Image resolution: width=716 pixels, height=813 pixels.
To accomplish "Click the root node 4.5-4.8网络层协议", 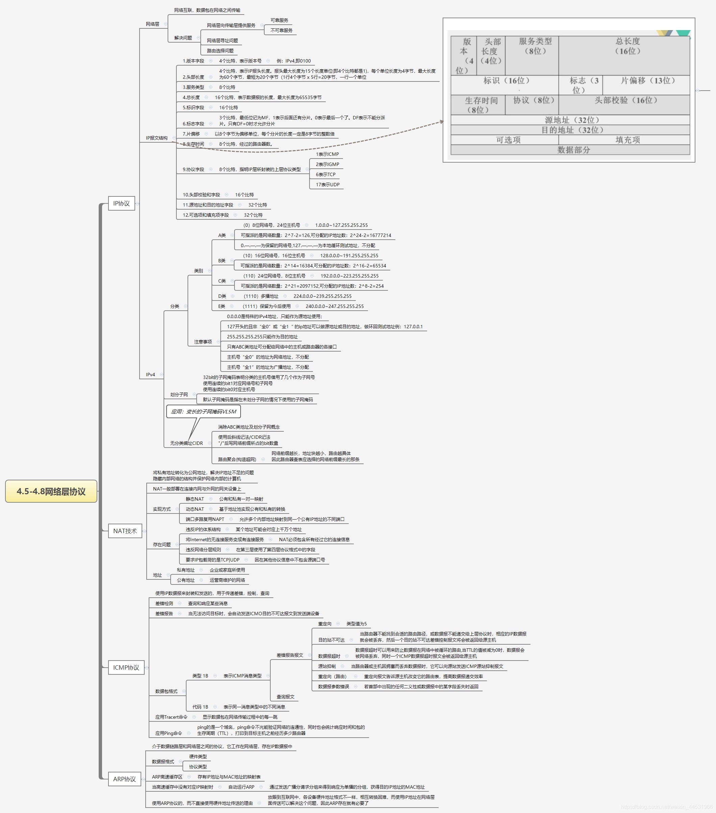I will click(x=51, y=491).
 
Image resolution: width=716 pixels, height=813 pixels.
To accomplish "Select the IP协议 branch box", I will click(x=121, y=203).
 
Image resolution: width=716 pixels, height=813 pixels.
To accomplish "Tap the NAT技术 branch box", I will click(x=124, y=531).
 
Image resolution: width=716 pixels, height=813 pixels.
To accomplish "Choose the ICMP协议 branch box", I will click(x=126, y=667).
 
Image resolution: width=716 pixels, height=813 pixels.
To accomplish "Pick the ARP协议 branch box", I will click(x=124, y=779).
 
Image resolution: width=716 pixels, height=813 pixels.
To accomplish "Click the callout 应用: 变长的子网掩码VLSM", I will click(x=203, y=412).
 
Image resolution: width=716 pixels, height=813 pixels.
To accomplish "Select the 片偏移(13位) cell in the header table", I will click(x=648, y=81).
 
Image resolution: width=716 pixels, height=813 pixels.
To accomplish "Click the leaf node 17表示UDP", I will click(x=327, y=185).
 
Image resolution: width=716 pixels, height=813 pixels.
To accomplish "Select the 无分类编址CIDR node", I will click(x=187, y=443).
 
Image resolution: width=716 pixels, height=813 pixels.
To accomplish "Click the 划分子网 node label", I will click(x=179, y=394).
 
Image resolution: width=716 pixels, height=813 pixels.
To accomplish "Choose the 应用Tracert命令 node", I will click(x=171, y=717).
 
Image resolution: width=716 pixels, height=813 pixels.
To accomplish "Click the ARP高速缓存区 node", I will click(x=167, y=777).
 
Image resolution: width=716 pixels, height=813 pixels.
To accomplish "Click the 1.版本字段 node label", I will click(x=193, y=61).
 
